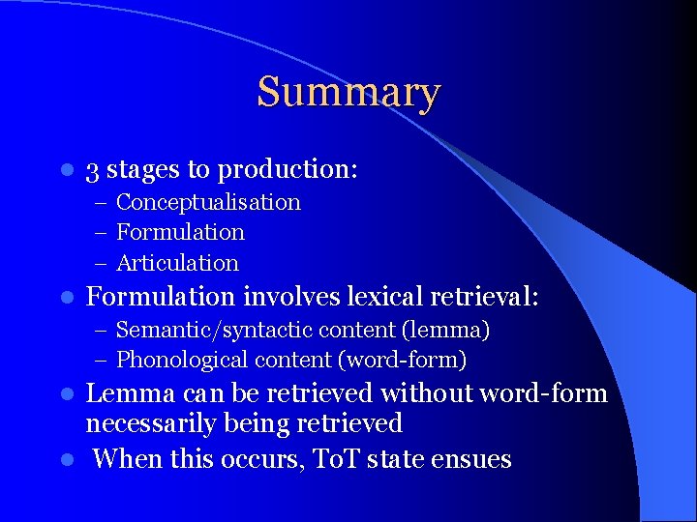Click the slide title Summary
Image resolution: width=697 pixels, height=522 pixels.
point(348,93)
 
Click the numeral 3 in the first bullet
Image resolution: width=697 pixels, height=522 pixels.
point(93,171)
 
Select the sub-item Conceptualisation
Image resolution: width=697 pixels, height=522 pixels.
point(208,202)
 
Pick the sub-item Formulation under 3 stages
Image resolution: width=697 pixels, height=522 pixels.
point(180,232)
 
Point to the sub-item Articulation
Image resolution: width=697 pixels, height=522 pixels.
point(177,263)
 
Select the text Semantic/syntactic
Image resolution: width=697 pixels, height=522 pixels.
point(185,331)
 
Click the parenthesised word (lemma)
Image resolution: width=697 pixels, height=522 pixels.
point(448,331)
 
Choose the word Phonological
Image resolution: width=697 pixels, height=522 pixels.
point(182,361)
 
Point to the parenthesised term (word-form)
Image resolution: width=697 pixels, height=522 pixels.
point(402,361)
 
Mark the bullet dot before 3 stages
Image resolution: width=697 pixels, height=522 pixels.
point(65,171)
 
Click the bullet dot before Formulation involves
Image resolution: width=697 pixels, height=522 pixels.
point(65,297)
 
